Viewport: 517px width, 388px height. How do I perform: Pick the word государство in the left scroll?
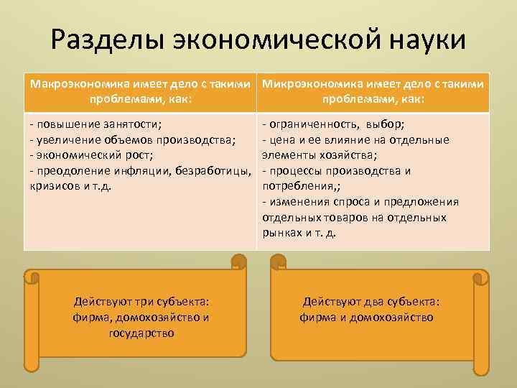point(141,333)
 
